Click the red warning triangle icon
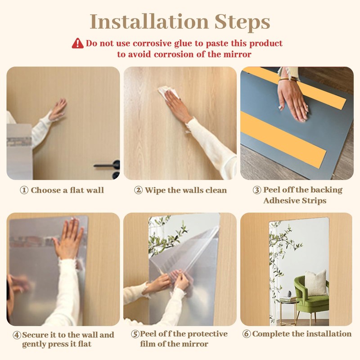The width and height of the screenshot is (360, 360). pos(78,43)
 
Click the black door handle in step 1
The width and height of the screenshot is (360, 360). pos(108,166)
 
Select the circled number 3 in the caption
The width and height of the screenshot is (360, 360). pos(256,190)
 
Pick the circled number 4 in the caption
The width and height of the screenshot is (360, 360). pos(17,335)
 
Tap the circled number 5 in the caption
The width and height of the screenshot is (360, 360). pos(135,334)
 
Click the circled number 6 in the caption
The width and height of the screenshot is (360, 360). pos(246,334)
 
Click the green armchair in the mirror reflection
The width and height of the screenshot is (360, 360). pos(311,295)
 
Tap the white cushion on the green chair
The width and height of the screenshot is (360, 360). pos(315,282)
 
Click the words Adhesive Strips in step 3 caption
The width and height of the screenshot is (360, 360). pos(294,200)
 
